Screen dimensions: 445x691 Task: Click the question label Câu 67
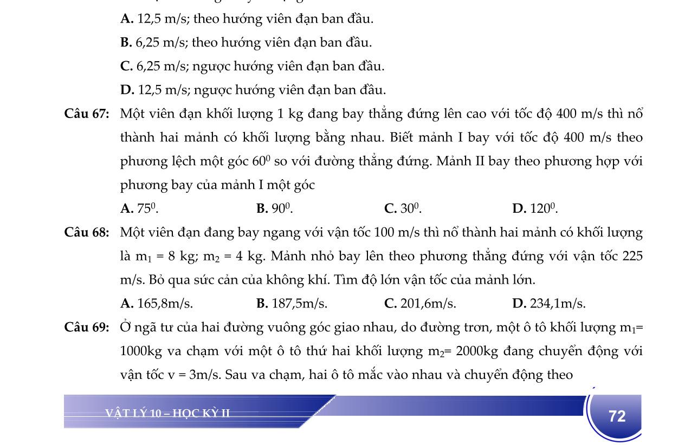[86, 114]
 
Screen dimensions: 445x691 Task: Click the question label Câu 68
[86, 233]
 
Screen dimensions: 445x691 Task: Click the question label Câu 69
[86, 328]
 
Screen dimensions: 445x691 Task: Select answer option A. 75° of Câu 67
[139, 208]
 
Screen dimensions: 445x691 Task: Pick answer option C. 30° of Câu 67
[403, 208]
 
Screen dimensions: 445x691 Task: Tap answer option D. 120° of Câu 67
[535, 208]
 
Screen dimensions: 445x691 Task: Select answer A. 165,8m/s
[157, 304]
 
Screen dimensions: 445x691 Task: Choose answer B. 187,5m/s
[292, 304]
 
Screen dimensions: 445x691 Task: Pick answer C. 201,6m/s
[420, 304]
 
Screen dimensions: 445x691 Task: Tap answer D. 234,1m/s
[548, 304]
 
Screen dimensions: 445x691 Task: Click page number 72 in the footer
[617, 416]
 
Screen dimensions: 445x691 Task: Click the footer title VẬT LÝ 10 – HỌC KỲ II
[167, 414]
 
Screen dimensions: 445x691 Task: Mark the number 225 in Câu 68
[632, 256]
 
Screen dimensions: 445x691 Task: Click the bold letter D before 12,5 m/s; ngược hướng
[127, 90]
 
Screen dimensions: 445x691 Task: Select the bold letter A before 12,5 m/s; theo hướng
[127, 19]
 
